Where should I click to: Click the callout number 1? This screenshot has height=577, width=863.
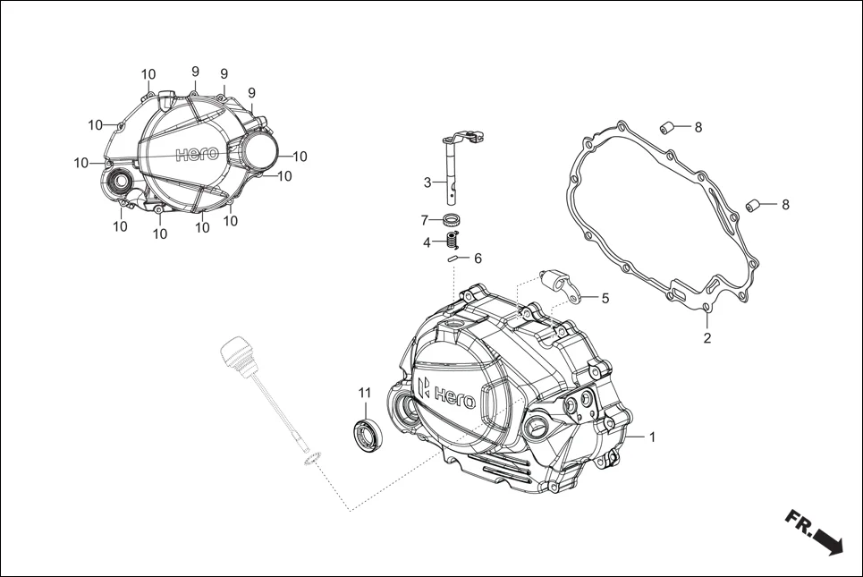point(652,437)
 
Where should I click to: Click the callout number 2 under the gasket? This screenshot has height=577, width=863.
point(706,338)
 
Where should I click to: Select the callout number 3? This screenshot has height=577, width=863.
point(428,182)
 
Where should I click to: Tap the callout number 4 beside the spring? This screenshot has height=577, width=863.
point(427,242)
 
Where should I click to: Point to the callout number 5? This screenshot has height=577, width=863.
point(605,298)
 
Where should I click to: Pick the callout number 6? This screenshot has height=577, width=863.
point(478,258)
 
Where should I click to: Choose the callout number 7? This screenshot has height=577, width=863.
point(426,220)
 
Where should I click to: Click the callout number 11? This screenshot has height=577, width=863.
point(364,393)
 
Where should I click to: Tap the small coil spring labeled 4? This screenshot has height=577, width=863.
point(453,240)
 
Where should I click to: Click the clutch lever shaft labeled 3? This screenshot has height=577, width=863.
point(453,170)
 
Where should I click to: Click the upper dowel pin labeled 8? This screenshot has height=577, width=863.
point(667,127)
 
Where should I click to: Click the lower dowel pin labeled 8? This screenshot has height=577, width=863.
point(754,205)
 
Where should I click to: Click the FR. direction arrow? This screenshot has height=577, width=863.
point(815,533)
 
